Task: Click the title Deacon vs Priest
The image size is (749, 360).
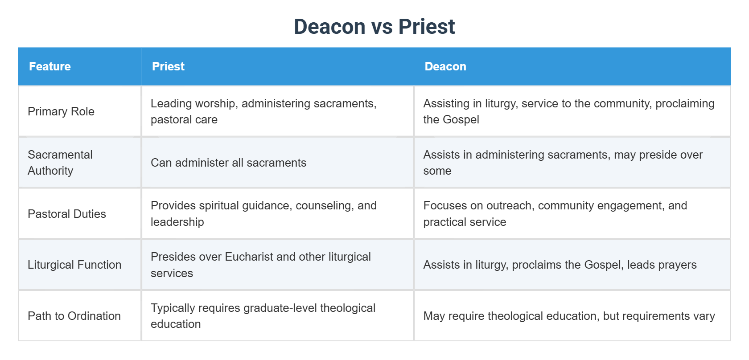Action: (x=374, y=27)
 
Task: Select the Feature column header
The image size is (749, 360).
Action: (x=50, y=66)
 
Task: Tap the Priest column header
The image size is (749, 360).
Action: (x=168, y=66)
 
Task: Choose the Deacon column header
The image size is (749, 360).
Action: (x=445, y=66)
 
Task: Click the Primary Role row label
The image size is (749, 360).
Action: (x=61, y=111)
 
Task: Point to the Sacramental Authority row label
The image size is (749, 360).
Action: (x=60, y=163)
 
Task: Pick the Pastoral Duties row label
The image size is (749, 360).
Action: (x=67, y=214)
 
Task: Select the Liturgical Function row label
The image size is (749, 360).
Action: (x=74, y=265)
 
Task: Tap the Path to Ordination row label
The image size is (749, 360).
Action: (x=74, y=316)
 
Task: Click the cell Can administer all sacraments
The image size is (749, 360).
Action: (x=228, y=163)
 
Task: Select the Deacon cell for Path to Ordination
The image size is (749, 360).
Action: (x=569, y=316)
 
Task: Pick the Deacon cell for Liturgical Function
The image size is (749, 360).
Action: (x=560, y=265)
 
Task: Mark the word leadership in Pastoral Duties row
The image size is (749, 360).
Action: (x=177, y=222)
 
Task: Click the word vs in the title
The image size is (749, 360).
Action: (x=382, y=27)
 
